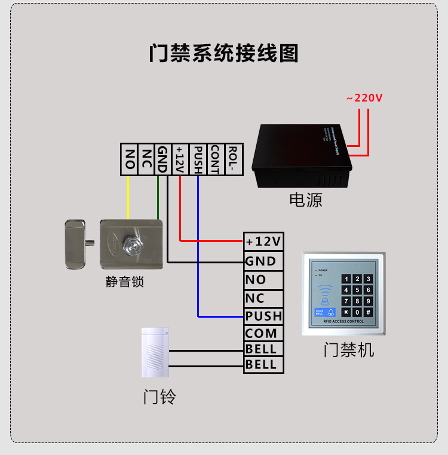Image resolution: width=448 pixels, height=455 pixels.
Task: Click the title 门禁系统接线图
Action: tap(223, 53)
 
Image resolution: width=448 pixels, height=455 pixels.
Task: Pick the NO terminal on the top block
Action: tap(128, 159)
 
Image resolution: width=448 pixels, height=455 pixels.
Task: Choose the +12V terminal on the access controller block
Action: tap(263, 241)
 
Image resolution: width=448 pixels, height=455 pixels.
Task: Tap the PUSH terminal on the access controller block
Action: tap(263, 315)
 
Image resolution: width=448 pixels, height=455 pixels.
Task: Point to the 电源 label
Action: tap(306, 199)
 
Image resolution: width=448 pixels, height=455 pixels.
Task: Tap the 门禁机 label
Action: tap(349, 349)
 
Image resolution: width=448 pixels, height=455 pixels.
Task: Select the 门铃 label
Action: tap(159, 396)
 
